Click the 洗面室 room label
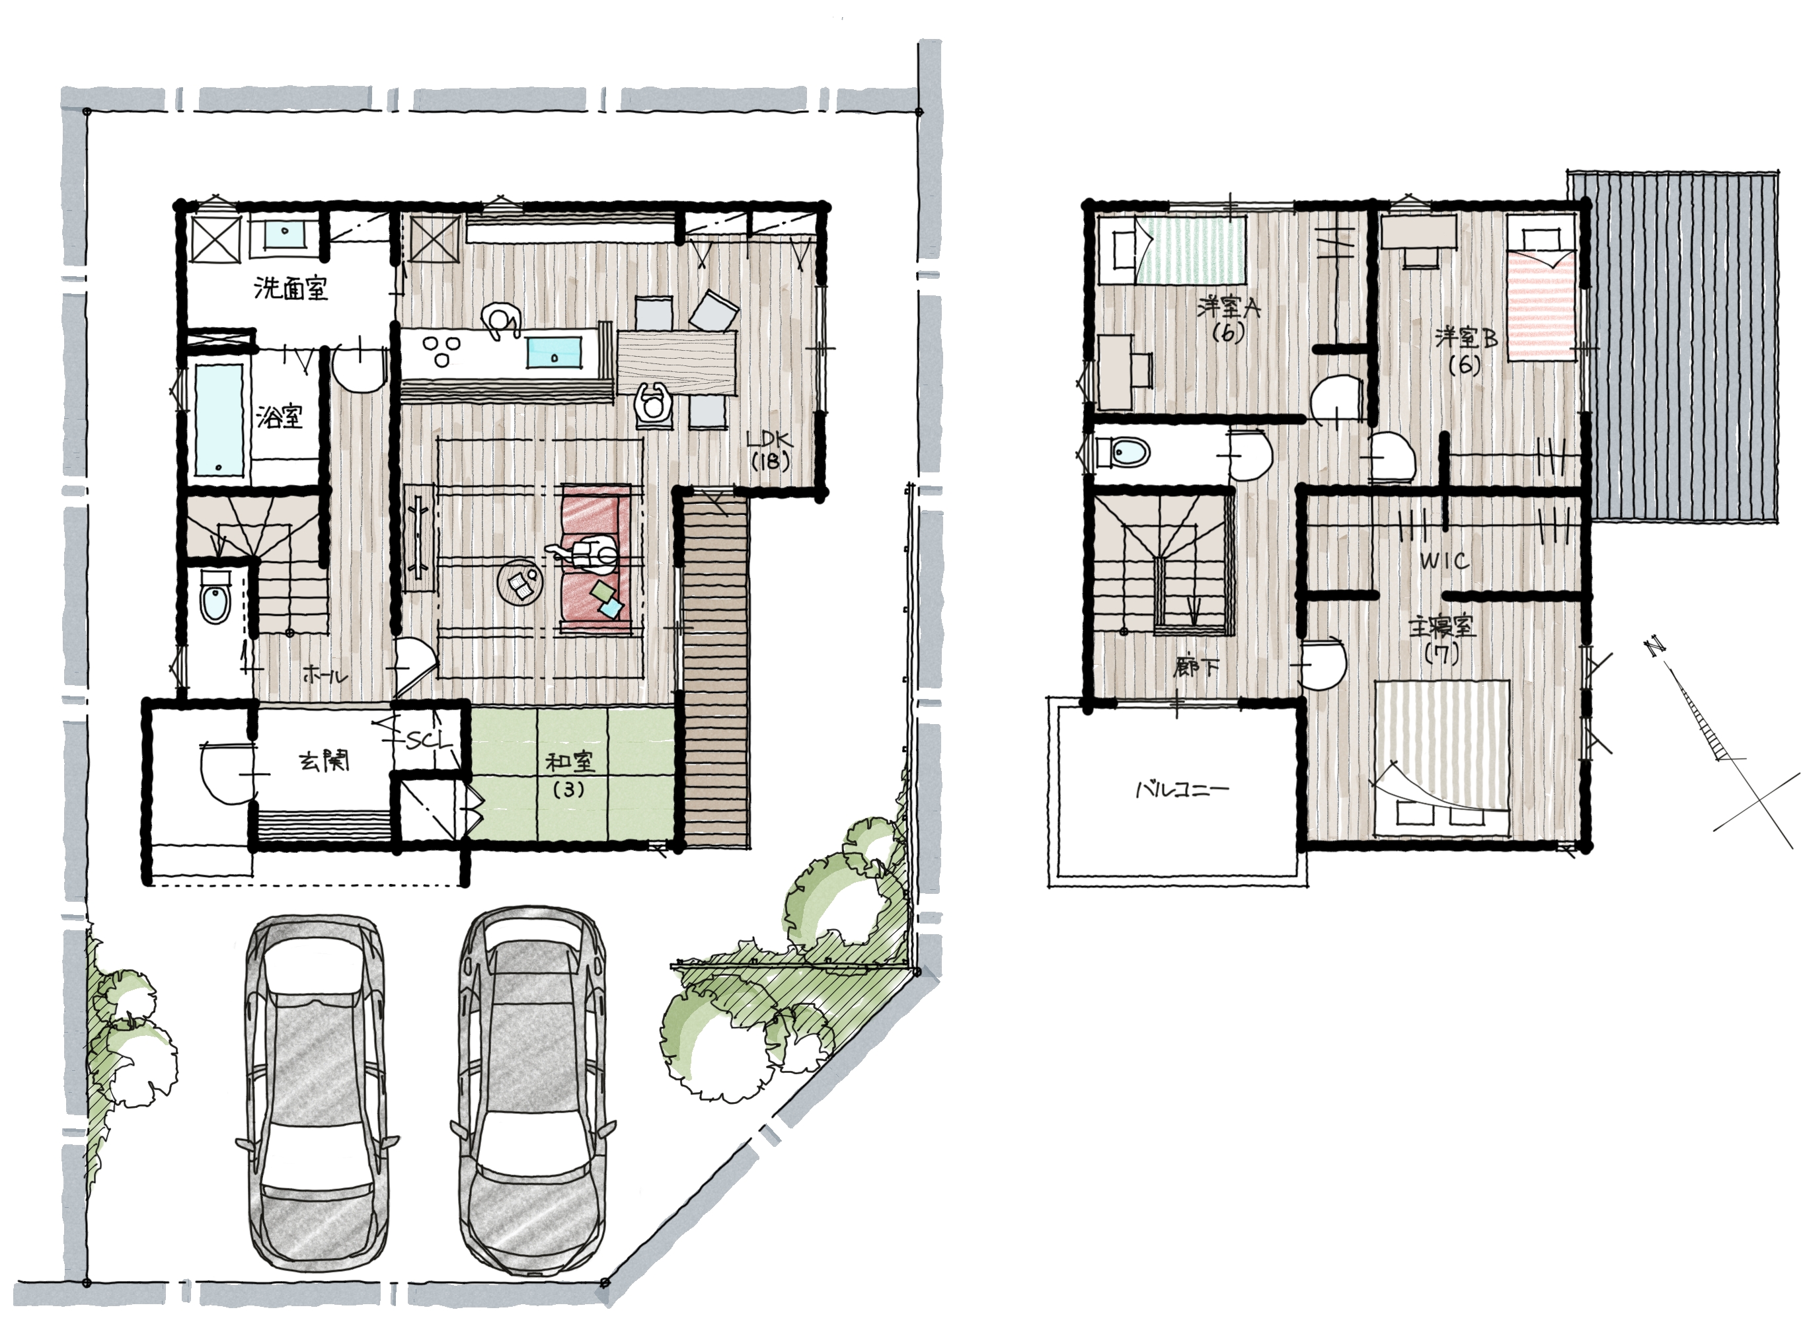pos(291,287)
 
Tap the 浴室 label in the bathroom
pos(280,416)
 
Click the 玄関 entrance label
pos(325,761)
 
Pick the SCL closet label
pos(428,740)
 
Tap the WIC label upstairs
pos(1444,561)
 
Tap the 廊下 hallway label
pos(1196,667)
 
